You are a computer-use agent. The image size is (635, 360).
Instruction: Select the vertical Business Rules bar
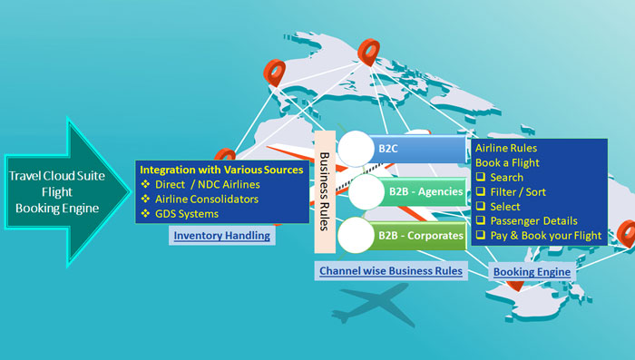(324, 190)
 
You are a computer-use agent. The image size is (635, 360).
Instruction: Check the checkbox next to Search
(481, 177)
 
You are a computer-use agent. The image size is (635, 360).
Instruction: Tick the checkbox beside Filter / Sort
(481, 191)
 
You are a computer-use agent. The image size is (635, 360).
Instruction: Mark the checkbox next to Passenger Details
(481, 220)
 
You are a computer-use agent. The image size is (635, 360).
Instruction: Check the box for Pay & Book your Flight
(481, 236)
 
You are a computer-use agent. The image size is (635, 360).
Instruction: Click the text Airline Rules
(506, 148)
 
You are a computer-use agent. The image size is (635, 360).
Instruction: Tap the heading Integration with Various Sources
(221, 170)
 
